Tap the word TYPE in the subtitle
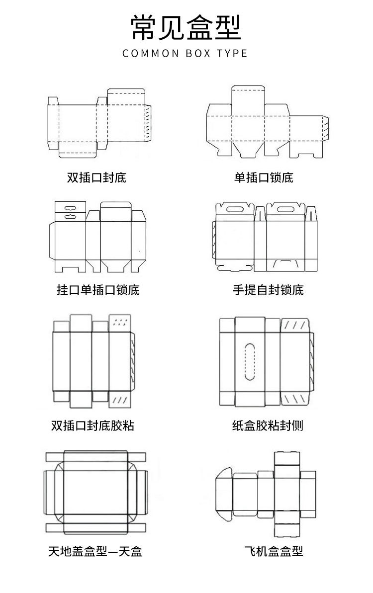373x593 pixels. point(232,53)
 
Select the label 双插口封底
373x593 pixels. point(96,177)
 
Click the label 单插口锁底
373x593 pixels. point(264,177)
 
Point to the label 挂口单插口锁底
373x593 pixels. point(98,289)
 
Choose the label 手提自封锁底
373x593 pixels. point(268,289)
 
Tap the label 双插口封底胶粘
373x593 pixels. point(93,425)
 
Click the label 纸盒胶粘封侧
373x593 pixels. point(268,425)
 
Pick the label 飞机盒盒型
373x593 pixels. point(274,551)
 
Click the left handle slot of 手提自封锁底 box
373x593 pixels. point(234,209)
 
